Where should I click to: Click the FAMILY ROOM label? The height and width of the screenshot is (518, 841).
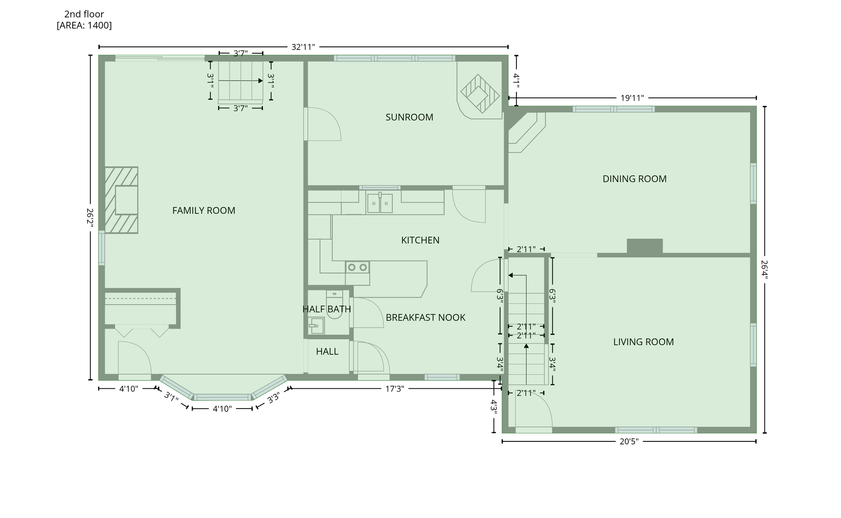pos(204,211)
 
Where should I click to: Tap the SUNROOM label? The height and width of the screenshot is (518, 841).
pos(409,117)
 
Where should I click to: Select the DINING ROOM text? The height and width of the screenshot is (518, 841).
pos(634,179)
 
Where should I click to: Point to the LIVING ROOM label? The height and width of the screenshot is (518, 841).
pos(643,342)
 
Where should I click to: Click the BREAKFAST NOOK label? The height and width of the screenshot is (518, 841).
pos(425,317)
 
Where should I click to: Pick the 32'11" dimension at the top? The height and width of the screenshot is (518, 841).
pos(303,47)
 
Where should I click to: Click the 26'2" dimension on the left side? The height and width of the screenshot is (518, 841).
pos(90,217)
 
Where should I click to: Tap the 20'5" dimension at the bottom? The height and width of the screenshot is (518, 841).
pos(629,441)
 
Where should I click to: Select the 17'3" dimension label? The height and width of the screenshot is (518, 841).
pos(394,388)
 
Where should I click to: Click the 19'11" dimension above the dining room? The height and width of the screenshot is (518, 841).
pos(632,98)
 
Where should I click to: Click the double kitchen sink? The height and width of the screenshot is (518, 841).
pos(380,203)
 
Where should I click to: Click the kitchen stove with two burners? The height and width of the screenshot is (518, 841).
pos(357,267)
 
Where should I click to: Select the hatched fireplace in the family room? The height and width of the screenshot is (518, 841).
pos(121,200)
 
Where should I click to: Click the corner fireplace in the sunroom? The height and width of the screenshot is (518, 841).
pos(480,94)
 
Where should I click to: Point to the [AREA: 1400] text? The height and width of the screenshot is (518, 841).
pos(84,25)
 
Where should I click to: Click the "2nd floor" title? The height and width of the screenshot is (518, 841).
pos(84,14)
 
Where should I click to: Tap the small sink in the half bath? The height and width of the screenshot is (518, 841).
pos(316,326)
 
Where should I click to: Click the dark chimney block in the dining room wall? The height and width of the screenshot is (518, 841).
pos(644,246)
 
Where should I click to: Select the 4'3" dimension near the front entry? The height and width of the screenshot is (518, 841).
pos(494,407)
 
